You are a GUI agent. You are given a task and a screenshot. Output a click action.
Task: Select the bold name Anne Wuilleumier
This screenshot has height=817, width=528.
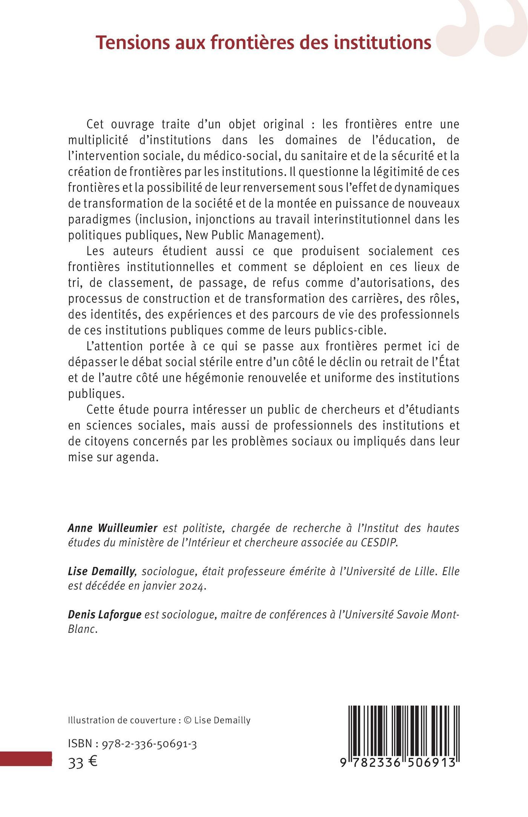(112, 528)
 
